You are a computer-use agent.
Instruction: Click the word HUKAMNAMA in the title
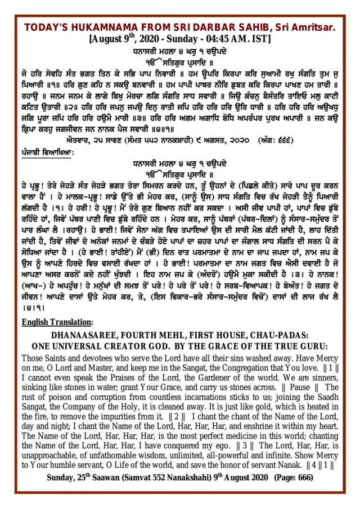(96, 28)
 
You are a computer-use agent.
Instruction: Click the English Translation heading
(57, 322)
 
